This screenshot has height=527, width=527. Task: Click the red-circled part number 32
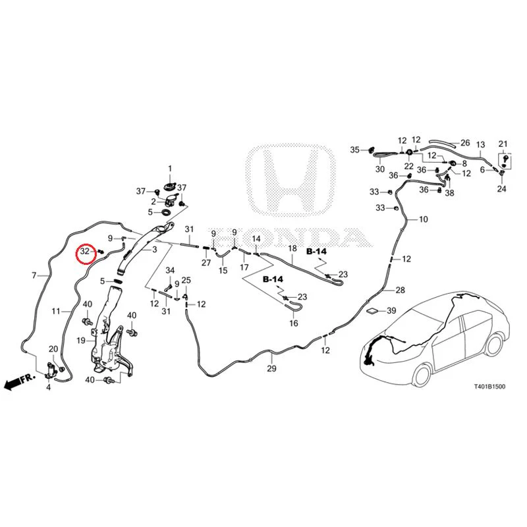pyautogui.click(x=85, y=251)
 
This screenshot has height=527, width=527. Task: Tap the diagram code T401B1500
pyautogui.click(x=489, y=387)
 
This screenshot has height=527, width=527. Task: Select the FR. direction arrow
pyautogui.click(x=20, y=382)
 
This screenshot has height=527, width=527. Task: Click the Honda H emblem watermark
pyautogui.click(x=291, y=180)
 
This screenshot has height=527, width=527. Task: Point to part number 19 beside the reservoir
pyautogui.click(x=81, y=341)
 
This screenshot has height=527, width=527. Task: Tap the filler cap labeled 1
pyautogui.click(x=170, y=186)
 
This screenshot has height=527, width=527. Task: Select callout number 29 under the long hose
pyautogui.click(x=271, y=368)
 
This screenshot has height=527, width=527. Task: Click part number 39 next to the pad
pyautogui.click(x=391, y=310)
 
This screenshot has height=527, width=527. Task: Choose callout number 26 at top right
pyautogui.click(x=465, y=143)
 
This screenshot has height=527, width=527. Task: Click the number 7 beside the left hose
pyautogui.click(x=34, y=275)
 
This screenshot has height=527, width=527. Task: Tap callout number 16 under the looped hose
pyautogui.click(x=294, y=323)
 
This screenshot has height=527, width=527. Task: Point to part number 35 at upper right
pyautogui.click(x=355, y=150)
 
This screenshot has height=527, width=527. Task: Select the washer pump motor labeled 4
pyautogui.click(x=51, y=370)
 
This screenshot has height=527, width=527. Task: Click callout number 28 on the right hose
pyautogui.click(x=401, y=290)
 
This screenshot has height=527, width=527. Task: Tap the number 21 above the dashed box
pyautogui.click(x=503, y=144)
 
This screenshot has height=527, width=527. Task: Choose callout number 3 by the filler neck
pyautogui.click(x=155, y=250)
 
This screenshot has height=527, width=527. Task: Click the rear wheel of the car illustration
pyautogui.click(x=493, y=346)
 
